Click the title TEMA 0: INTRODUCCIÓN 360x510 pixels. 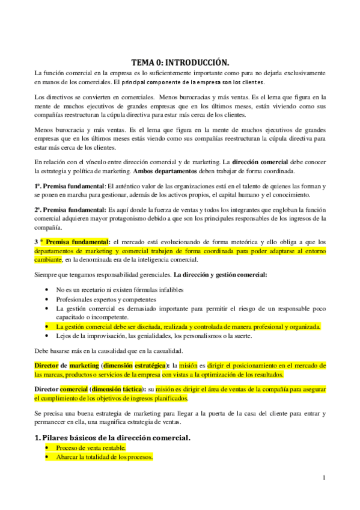(x=180, y=62)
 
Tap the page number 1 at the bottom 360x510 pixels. (x=324, y=478)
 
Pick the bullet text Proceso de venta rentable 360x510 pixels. (x=91, y=448)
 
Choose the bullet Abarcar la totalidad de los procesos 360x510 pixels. (x=105, y=458)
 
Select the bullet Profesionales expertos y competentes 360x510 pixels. (x=106, y=299)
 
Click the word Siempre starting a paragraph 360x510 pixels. (x=45, y=275)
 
